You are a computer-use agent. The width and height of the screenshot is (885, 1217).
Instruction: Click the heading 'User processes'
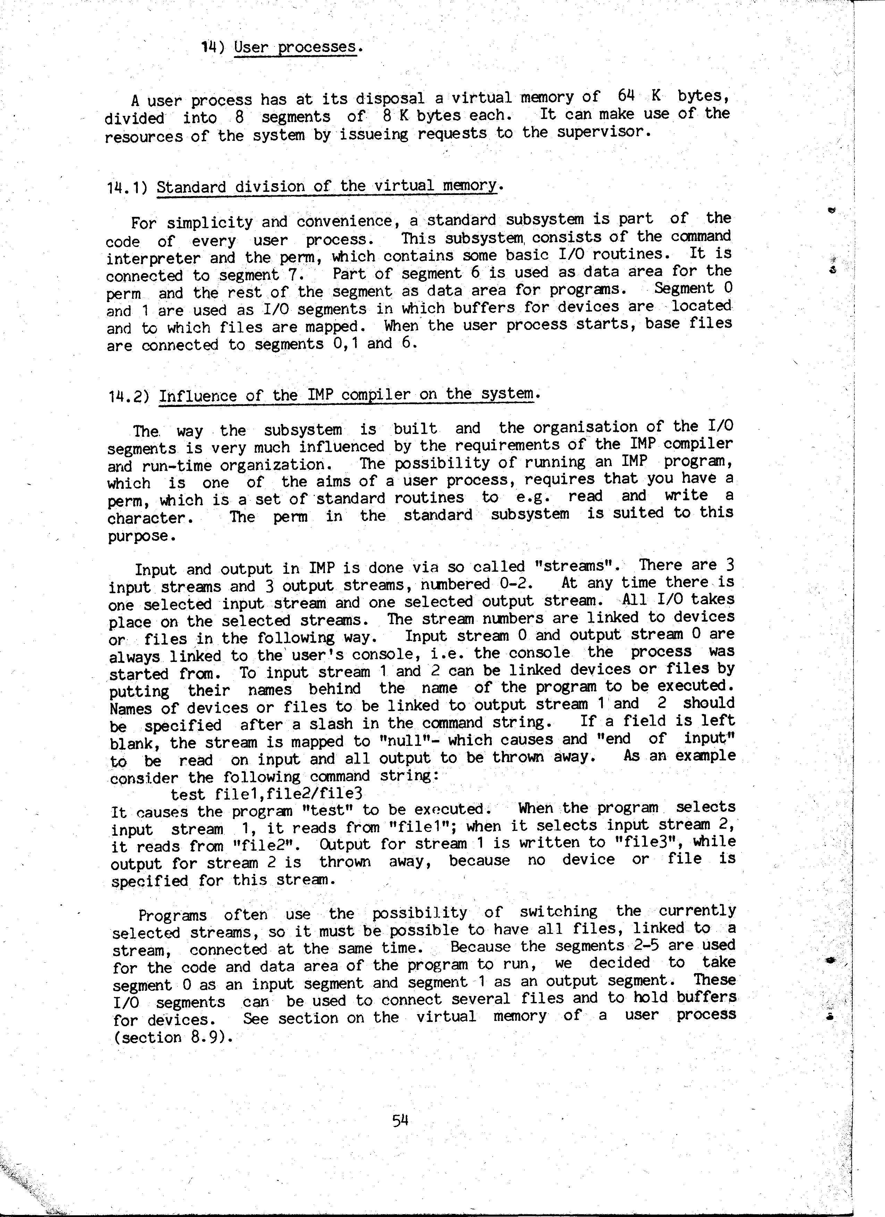295,47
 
